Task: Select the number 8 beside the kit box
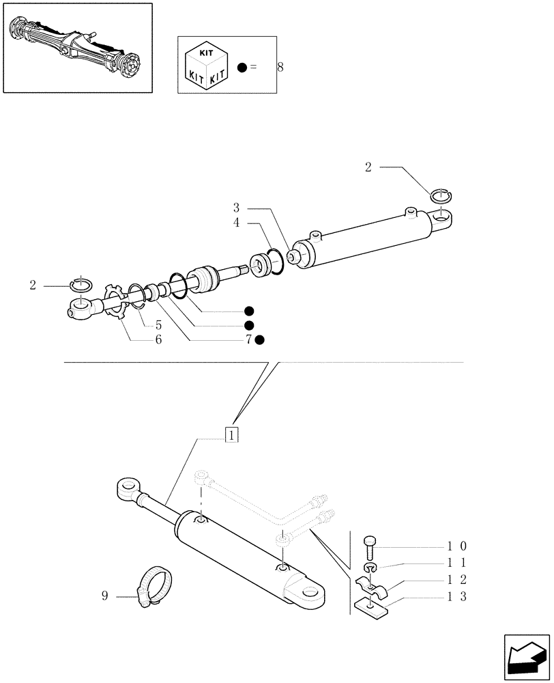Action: [x=280, y=67]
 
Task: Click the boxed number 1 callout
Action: [x=232, y=434]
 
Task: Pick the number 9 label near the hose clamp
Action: [x=104, y=596]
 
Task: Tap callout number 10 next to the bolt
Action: [x=456, y=546]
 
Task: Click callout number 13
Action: [x=456, y=596]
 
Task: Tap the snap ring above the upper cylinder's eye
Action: [x=441, y=197]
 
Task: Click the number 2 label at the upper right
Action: [x=368, y=168]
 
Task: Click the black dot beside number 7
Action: [x=260, y=339]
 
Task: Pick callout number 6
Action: [x=158, y=339]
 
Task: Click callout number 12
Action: [x=456, y=580]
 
